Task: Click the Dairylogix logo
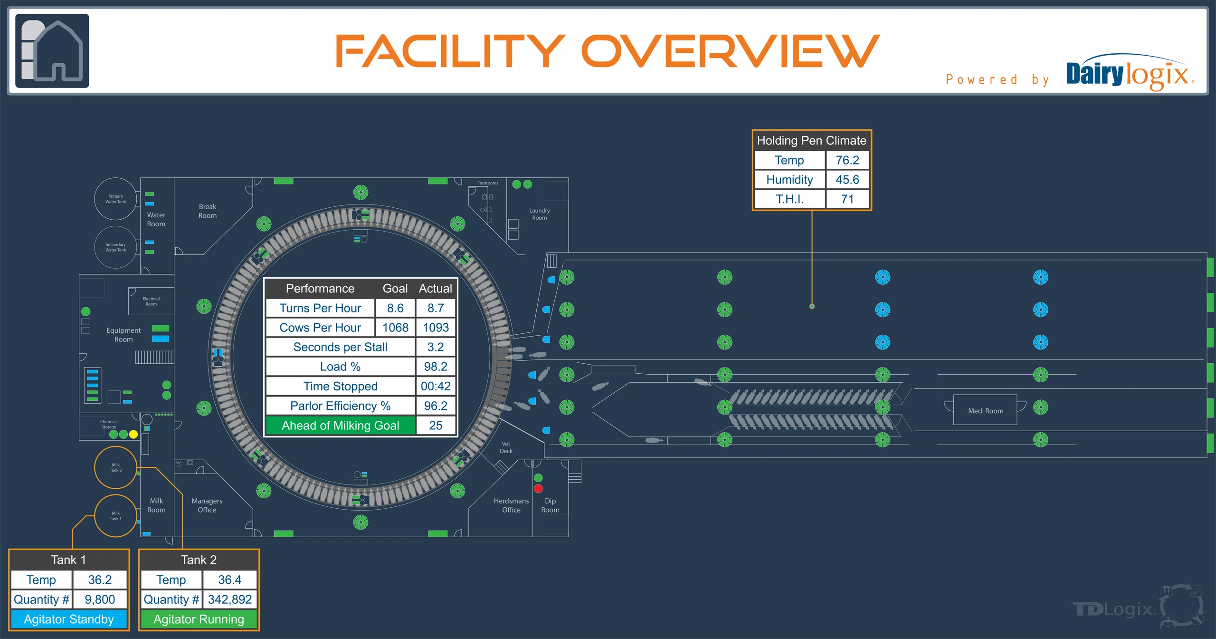click(1130, 72)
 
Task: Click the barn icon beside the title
click(52, 51)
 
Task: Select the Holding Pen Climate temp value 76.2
click(847, 160)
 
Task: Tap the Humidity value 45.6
click(847, 180)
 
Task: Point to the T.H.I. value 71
click(847, 199)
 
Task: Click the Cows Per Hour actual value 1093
click(436, 328)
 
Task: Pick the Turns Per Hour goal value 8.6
click(395, 308)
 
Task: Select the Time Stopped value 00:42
click(436, 386)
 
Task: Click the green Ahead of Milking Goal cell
click(341, 426)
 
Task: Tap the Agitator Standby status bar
click(69, 620)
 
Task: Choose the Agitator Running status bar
click(199, 620)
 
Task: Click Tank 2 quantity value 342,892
click(230, 600)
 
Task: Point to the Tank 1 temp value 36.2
click(100, 580)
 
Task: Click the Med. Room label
click(986, 411)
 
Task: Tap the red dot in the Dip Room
click(538, 488)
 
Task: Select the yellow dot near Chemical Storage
click(133, 434)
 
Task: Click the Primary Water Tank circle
click(115, 199)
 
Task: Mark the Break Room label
click(208, 211)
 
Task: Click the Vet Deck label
click(506, 447)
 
